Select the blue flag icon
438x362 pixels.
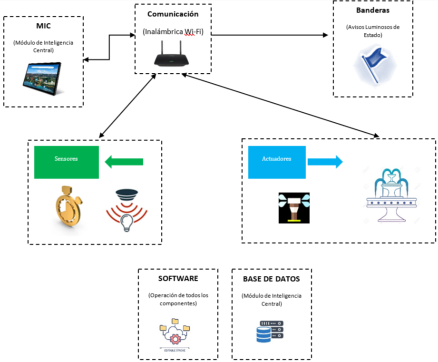coord(374,65)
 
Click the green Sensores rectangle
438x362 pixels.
coord(67,162)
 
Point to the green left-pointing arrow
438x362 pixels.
coord(124,162)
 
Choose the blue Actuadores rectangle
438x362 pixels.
coord(277,162)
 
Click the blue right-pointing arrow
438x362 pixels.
coord(325,161)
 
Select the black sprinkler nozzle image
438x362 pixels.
coord(294,208)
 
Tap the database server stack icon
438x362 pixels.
coord(269,332)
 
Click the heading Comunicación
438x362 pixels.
coord(173,14)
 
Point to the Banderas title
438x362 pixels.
coord(372,10)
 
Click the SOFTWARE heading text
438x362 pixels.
coord(178,278)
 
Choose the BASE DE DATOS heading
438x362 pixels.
coord(272,278)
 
